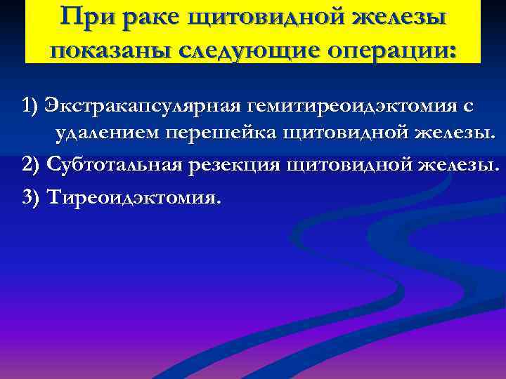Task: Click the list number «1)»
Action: point(30,106)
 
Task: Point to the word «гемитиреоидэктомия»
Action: point(351,107)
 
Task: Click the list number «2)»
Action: point(31,164)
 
